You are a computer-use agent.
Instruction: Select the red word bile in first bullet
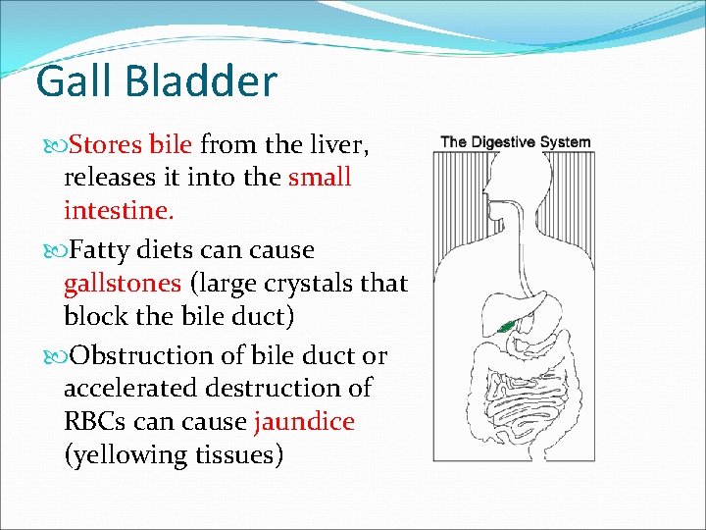click(172, 145)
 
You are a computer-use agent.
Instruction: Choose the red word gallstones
click(123, 284)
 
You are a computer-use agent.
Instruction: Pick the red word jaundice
click(304, 422)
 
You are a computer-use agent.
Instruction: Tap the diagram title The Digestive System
click(516, 142)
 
